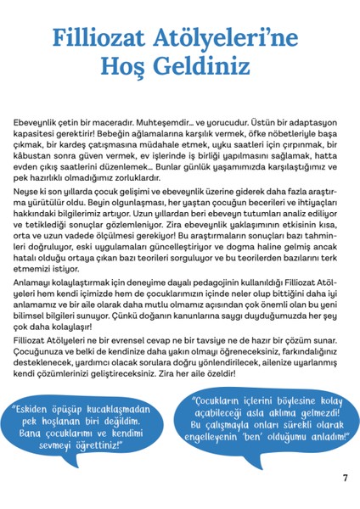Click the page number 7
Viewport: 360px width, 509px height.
tap(345, 478)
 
